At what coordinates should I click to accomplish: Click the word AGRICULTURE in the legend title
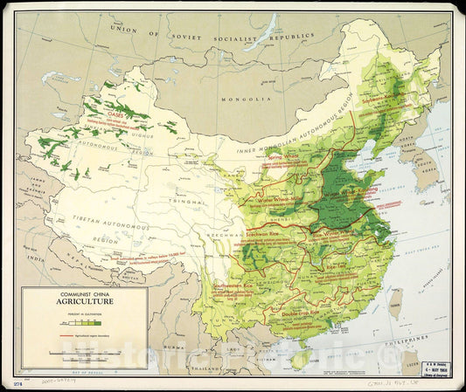click(x=84, y=301)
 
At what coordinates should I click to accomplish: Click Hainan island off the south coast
click(x=303, y=357)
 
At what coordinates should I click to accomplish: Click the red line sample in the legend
click(x=47, y=334)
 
